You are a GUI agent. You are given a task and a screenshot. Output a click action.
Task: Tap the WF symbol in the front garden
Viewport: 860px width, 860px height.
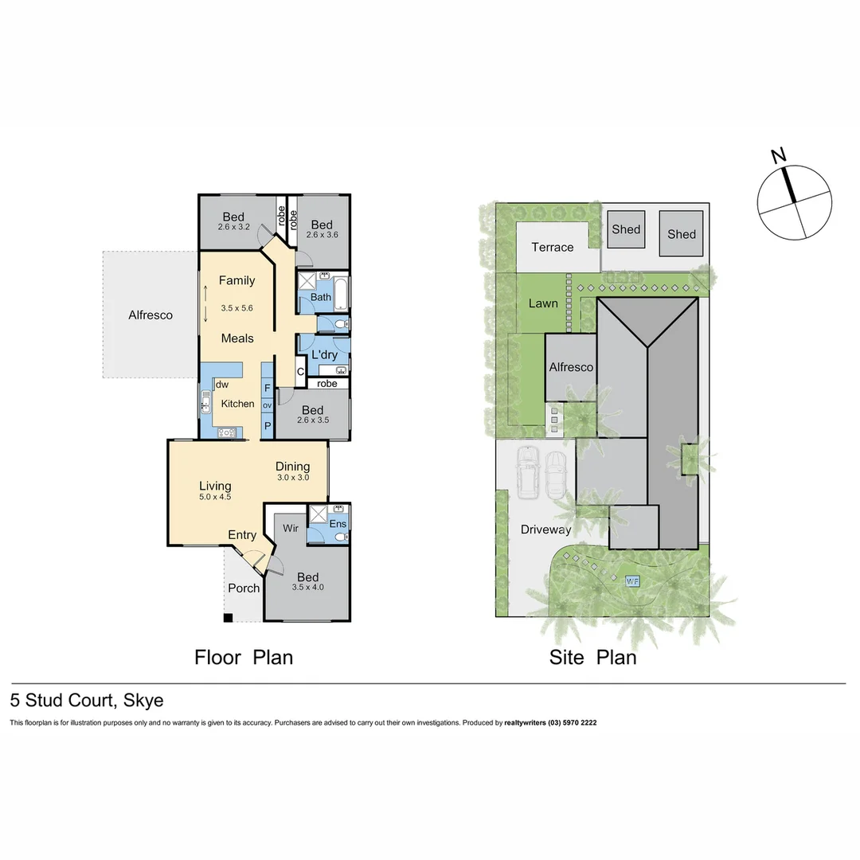coord(633,580)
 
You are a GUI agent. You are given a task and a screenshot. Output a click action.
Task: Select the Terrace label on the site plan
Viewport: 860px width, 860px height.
coord(553,247)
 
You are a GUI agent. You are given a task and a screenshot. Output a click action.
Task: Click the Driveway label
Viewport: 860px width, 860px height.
coord(545,530)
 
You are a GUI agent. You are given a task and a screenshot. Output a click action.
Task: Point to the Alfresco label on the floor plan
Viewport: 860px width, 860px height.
coord(150,315)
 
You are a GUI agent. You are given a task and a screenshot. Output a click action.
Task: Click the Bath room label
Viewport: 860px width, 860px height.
coord(321,297)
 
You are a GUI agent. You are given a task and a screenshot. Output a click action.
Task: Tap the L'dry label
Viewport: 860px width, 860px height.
coord(324,354)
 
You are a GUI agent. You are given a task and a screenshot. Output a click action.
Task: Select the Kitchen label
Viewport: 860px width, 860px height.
coord(237,404)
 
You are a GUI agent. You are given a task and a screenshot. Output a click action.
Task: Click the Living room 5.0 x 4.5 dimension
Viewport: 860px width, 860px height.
coord(215,497)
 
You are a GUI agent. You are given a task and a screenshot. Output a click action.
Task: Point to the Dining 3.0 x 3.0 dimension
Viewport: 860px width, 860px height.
coord(292,478)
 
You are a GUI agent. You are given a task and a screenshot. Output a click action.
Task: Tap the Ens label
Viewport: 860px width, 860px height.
coord(338,523)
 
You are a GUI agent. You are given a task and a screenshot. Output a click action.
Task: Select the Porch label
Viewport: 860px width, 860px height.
coord(244,588)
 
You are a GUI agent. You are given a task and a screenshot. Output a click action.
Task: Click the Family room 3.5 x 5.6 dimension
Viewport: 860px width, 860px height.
coord(236,307)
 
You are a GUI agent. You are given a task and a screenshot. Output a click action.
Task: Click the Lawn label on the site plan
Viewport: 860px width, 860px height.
coord(543,303)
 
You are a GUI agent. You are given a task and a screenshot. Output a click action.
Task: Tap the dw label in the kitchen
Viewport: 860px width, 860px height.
coord(222,385)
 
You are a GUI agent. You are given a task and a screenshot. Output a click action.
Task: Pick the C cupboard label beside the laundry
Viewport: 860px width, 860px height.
coord(300,371)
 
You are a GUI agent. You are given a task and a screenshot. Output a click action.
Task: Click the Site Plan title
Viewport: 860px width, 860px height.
coord(592,658)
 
